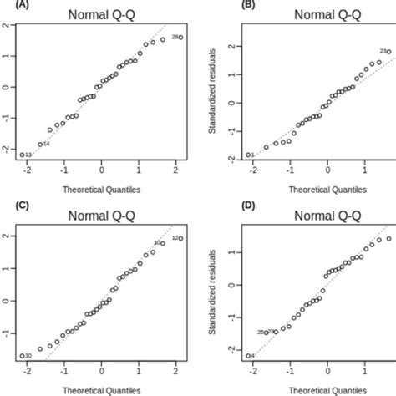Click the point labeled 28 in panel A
(x=180, y=37)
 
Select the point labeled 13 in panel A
(x=22, y=155)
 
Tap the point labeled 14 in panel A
(x=39, y=144)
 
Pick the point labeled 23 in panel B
(x=388, y=52)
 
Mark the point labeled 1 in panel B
(x=248, y=155)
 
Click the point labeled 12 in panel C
(x=180, y=238)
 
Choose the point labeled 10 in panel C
(x=163, y=243)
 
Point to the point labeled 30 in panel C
(x=22, y=356)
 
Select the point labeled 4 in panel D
(x=248, y=356)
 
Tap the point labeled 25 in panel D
(x=267, y=332)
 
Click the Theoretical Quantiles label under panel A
(x=101, y=190)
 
